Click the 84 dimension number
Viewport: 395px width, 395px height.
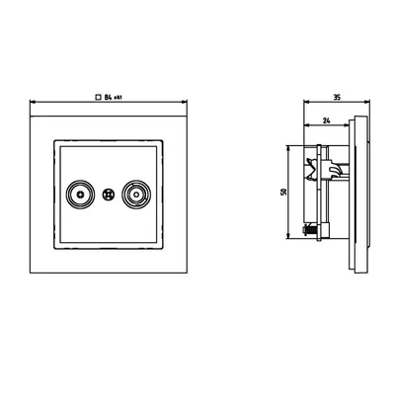coord(108,98)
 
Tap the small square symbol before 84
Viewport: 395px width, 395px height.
coord(97,98)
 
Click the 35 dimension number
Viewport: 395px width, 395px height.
coord(336,99)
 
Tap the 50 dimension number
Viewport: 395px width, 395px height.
coord(283,192)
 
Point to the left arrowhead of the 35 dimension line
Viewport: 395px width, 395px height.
coord(306,104)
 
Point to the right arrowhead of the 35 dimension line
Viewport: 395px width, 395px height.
coord(364,104)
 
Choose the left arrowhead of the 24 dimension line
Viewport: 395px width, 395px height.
coord(306,126)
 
